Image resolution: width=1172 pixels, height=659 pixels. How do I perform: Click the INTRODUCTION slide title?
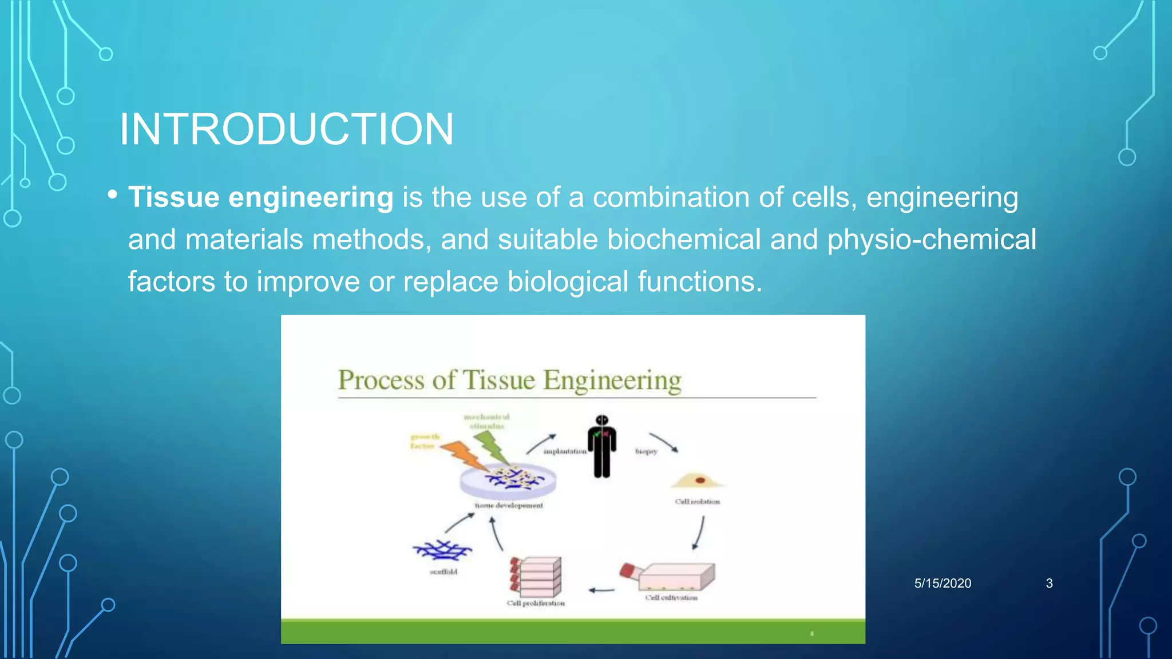[x=286, y=129]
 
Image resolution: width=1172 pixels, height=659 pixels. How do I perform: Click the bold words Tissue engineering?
[x=260, y=197]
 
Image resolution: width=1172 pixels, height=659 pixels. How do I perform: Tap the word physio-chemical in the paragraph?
[x=931, y=239]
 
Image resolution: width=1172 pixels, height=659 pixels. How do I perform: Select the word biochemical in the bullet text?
[x=683, y=239]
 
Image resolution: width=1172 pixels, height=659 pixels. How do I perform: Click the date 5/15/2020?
[x=943, y=583]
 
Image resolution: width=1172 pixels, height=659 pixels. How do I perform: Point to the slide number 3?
[x=1049, y=583]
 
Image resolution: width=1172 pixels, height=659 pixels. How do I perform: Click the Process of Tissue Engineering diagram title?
[x=509, y=380]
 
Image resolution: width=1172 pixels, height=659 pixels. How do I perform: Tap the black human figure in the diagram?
[x=601, y=447]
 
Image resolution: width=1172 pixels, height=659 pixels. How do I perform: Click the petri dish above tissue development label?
[x=508, y=481]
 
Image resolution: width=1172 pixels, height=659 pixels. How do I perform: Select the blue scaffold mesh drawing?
[x=442, y=550]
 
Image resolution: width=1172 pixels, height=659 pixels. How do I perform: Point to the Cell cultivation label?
[x=671, y=598]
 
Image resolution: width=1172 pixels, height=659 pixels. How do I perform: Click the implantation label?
[x=564, y=451]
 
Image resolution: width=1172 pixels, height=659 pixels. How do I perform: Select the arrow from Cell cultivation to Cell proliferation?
[x=601, y=590]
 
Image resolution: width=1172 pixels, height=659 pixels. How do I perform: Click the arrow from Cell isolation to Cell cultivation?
[x=699, y=533]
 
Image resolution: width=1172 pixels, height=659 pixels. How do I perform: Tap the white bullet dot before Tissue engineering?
[x=112, y=195]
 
